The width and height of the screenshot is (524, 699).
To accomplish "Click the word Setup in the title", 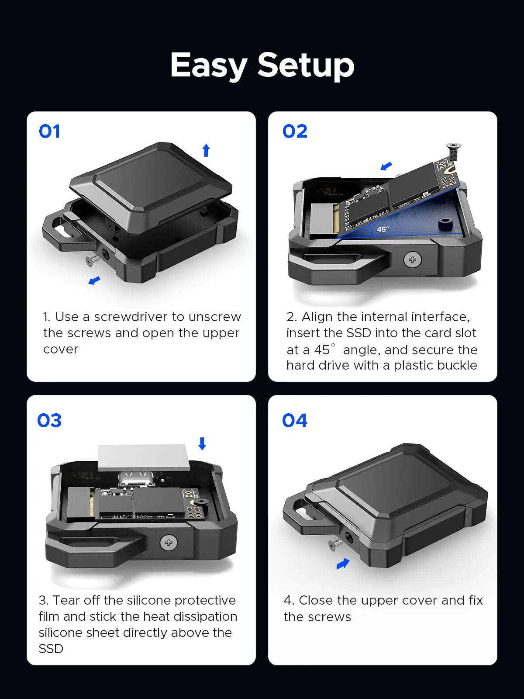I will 306,66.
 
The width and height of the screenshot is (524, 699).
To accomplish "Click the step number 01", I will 49,131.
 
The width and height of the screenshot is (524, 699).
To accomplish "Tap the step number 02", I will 295,131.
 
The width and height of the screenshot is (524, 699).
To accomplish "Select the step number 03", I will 49,421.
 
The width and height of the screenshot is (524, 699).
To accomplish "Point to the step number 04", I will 295,421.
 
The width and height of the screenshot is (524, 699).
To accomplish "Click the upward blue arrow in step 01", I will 206,150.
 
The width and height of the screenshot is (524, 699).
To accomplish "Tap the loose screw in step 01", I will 93,260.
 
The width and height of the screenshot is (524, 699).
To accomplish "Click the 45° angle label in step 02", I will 383,229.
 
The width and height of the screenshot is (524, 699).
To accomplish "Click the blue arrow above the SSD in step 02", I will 386,166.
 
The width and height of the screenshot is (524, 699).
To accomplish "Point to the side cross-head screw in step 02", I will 412,260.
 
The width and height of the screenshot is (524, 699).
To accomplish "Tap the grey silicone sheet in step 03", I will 143,457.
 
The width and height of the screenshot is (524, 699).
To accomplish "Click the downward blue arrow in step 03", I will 202,443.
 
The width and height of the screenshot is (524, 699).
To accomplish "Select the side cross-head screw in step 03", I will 169,543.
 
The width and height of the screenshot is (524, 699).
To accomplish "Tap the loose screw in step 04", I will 336,544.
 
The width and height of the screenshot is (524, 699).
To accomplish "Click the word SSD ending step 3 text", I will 51,649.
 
